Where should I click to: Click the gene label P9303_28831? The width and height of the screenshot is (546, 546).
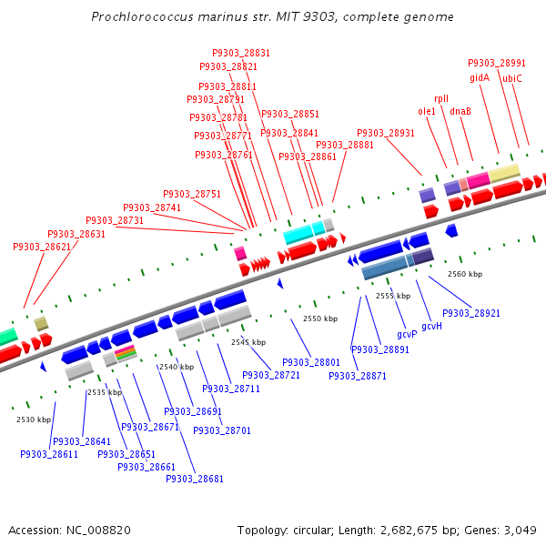click(x=241, y=54)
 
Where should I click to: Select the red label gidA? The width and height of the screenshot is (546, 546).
click(x=480, y=78)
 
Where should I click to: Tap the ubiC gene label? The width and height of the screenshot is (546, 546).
click(x=512, y=78)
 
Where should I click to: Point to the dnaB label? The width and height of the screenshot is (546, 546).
click(x=460, y=111)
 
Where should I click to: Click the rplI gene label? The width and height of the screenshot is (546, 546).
click(x=441, y=98)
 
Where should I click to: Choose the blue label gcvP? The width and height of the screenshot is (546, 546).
click(x=407, y=334)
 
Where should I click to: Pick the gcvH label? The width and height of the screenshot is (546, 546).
click(x=431, y=326)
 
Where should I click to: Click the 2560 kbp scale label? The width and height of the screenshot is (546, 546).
click(x=465, y=273)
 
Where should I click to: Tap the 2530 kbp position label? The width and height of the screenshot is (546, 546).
click(x=34, y=420)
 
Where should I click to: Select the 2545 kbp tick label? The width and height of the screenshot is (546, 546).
click(x=248, y=342)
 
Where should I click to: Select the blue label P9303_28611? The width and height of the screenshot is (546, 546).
click(x=49, y=454)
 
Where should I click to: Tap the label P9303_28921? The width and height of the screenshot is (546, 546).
click(x=471, y=313)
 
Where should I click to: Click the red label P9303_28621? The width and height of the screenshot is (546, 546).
click(x=42, y=247)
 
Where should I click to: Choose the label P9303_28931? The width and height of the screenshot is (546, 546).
click(x=386, y=133)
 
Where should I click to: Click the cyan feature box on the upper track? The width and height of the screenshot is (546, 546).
click(x=303, y=232)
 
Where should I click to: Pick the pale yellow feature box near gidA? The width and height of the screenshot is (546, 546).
click(x=505, y=172)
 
